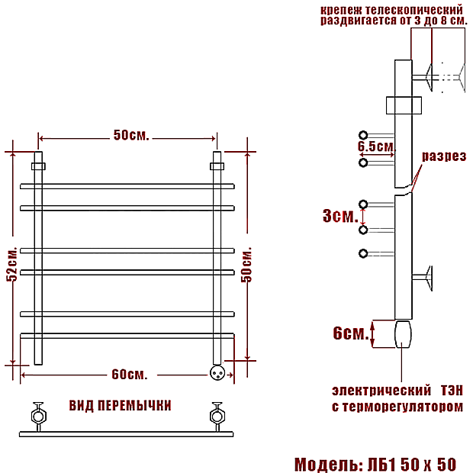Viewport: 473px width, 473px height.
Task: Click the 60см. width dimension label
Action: pos(130,375)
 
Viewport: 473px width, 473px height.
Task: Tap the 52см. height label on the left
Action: pos(12,264)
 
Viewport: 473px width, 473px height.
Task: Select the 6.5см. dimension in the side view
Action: pos(376,146)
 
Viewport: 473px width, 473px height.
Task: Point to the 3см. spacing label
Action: pos(340,216)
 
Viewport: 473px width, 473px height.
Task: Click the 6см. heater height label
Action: pos(351,333)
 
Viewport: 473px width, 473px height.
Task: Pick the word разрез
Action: pos(444,156)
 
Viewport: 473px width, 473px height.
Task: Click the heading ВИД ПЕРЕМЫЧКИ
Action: pos(120,405)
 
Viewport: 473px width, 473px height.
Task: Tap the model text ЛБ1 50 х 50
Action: pos(412,465)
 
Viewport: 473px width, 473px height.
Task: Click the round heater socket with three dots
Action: pos(217,373)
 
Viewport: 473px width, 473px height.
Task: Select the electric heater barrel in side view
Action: pos(403,334)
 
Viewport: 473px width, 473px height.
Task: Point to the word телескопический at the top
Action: pos(414,10)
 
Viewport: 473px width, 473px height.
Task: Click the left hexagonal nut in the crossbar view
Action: pos(39,417)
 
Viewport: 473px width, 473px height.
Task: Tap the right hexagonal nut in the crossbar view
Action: pos(217,417)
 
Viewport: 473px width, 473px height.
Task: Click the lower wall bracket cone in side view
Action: pos(429,278)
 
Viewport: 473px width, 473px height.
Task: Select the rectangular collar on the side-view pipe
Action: pos(404,105)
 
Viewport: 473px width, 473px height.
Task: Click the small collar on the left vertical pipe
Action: pos(38,166)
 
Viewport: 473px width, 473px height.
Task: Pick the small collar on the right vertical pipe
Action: pos(217,166)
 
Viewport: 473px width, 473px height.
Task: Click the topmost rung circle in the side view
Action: pos(363,135)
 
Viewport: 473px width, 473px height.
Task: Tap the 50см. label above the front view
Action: pos(131,135)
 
